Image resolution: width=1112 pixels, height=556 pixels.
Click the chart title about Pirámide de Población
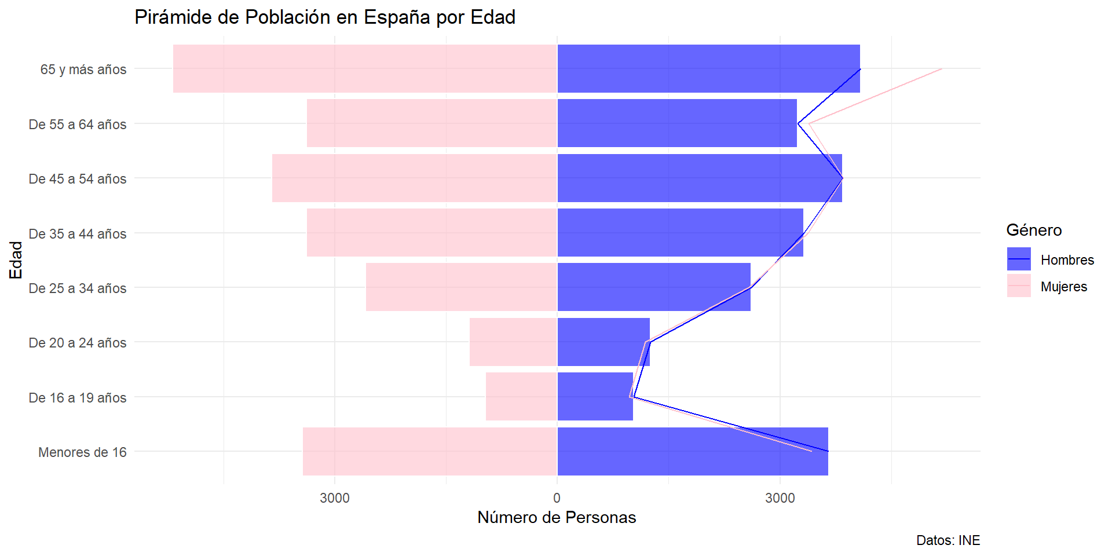coord(325,17)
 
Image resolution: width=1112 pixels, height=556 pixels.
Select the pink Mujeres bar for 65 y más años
coord(365,68)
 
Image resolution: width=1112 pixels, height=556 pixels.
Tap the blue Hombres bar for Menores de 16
coord(692,451)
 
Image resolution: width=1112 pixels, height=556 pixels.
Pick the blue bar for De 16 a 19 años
coord(595,397)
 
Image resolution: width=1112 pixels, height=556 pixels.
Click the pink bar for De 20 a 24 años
coord(513,342)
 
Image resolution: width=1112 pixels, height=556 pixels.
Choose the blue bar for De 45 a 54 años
coord(699,178)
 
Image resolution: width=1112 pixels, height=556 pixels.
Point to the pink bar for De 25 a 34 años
coord(461,287)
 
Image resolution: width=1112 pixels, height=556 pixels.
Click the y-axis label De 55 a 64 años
coord(78,125)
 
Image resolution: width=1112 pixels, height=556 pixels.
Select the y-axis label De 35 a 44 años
coord(78,234)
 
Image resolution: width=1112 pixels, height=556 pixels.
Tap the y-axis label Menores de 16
coord(82,452)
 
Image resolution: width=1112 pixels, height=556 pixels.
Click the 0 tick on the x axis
coord(557,498)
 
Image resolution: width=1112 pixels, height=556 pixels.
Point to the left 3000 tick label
coord(335,498)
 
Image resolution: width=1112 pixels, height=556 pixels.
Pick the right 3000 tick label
coord(780,498)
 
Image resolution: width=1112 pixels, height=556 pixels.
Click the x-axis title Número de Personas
coord(557,518)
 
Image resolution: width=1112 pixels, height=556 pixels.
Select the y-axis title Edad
coord(16,260)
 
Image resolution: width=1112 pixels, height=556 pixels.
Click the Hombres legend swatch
coord(1019,259)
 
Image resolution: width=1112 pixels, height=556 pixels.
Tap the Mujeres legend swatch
coord(1019,286)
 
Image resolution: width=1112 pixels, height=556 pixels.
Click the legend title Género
coord(1034,231)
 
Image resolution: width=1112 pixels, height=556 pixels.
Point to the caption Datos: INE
coord(948,540)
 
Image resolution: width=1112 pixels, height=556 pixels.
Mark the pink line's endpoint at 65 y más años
coord(942,69)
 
